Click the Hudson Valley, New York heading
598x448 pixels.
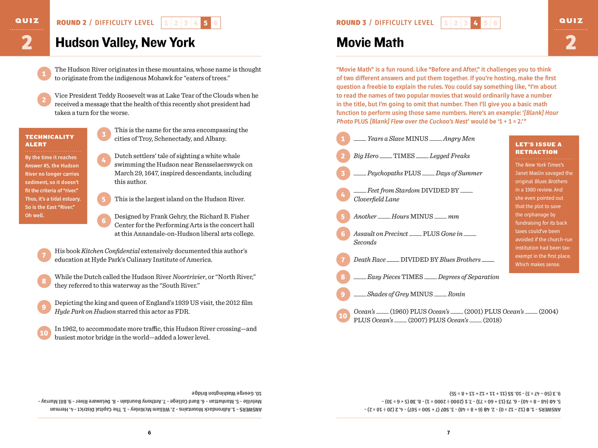pos(125,43)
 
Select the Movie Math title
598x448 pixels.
pos(370,43)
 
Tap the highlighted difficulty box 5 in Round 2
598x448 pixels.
pos(205,23)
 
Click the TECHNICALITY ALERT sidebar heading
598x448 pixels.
pos(49,140)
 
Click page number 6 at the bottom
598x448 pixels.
pos(149,433)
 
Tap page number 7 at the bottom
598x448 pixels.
pos(448,433)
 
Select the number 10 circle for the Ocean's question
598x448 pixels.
pos(343,316)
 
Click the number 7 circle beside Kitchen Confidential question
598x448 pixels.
pos(44,255)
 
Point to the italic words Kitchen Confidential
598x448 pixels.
pos(110,251)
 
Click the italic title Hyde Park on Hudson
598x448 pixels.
pos(85,311)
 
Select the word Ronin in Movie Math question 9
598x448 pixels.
pos(456,294)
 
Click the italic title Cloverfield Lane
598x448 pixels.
pos(376,199)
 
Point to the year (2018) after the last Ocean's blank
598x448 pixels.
pos(492,320)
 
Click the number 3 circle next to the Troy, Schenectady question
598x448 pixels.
pos(104,134)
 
